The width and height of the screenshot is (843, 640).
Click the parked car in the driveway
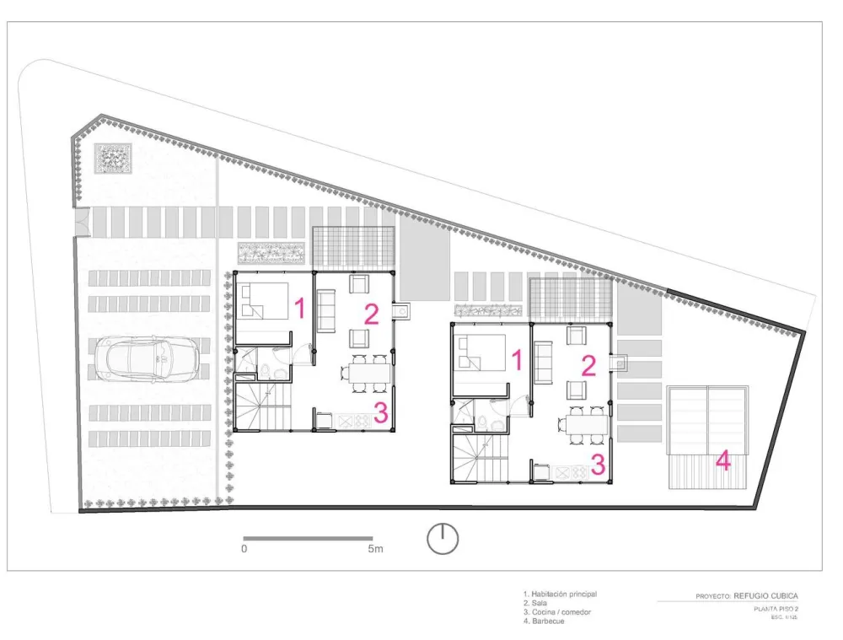tap(148, 358)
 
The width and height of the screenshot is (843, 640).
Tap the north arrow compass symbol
tap(443, 539)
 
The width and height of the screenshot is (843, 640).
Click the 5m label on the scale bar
tap(374, 550)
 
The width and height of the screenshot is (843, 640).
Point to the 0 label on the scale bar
tap(244, 550)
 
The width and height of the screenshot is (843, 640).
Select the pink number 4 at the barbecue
tap(723, 461)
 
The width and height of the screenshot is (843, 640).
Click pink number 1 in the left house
tap(298, 309)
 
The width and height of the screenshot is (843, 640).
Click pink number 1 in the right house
tap(518, 360)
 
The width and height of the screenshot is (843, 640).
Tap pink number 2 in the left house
tap(372, 315)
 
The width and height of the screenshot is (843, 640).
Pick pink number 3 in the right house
tap(598, 465)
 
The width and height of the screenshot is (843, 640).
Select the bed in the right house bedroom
tap(482, 352)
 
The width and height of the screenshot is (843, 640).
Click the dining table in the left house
tap(368, 371)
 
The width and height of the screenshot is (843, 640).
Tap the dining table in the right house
tap(584, 422)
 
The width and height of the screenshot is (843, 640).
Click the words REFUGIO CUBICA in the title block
tap(765, 595)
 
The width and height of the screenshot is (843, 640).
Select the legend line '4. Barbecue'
tap(543, 621)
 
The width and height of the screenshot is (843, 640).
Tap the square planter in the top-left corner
tap(112, 157)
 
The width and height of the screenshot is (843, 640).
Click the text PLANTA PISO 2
tap(776, 609)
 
